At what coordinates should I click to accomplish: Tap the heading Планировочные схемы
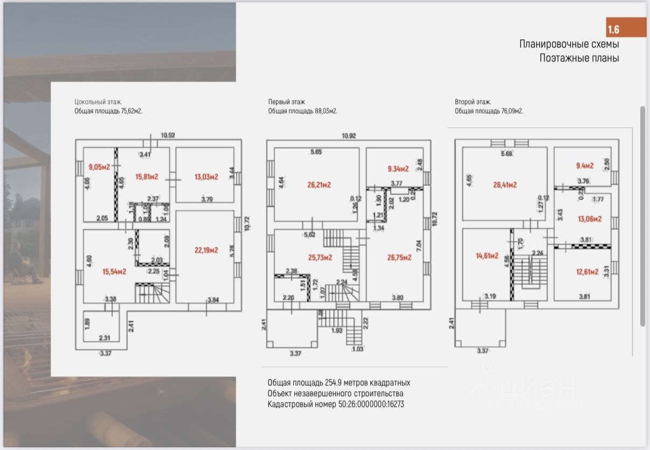(x=569, y=44)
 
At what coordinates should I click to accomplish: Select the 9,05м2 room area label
(x=99, y=167)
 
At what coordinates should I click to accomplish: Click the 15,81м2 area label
(x=147, y=177)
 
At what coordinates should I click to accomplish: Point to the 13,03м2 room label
(x=206, y=177)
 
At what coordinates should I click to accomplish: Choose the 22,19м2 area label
(x=206, y=250)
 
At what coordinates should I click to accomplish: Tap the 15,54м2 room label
(x=114, y=272)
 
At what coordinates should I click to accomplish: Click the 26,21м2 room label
(x=319, y=185)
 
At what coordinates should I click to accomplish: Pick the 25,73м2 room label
(x=319, y=258)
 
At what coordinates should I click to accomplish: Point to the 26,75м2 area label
(x=399, y=258)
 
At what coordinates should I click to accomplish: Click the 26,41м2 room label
(x=505, y=185)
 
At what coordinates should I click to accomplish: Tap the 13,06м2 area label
(x=590, y=219)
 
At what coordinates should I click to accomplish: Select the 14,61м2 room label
(x=486, y=256)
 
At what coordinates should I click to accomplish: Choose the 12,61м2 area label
(x=586, y=272)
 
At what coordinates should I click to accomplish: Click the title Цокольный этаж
(x=99, y=101)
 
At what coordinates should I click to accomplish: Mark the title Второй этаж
(x=473, y=101)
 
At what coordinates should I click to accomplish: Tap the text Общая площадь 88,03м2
(x=303, y=111)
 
